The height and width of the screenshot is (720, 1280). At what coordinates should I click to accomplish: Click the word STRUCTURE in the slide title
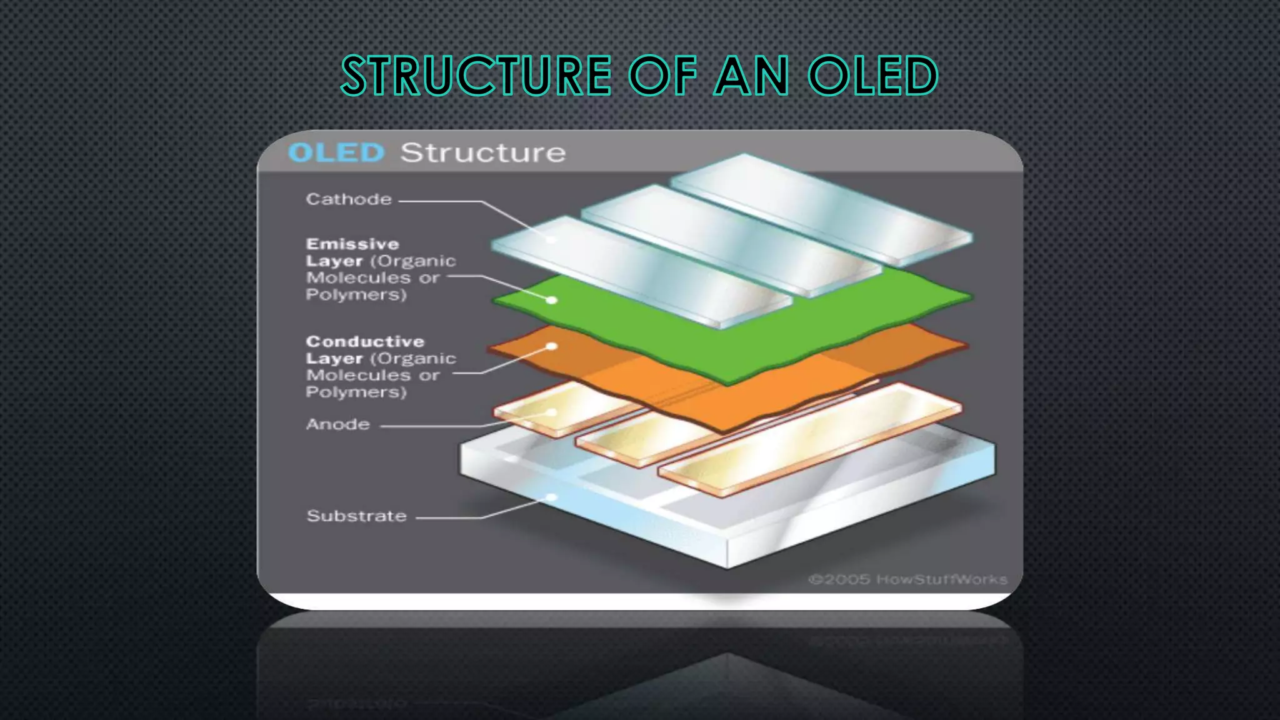coord(476,76)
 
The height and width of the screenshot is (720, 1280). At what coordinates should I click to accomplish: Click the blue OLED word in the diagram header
coord(336,152)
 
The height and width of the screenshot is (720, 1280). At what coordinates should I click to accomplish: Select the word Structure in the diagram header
coord(482,152)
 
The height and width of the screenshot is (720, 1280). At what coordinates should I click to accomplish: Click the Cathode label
coord(349,199)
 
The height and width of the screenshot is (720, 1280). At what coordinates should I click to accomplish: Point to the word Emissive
coord(352,244)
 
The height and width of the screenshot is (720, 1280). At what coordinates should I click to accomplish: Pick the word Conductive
coord(365,341)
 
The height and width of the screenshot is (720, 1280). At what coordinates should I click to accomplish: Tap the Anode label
coord(338,424)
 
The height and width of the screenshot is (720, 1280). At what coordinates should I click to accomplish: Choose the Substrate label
coord(357,516)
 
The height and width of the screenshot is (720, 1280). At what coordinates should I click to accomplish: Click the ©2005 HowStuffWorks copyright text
coord(907,579)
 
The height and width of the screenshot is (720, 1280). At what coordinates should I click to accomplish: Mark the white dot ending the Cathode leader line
coord(551,239)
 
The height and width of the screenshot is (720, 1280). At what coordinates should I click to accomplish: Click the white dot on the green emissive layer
coord(551,301)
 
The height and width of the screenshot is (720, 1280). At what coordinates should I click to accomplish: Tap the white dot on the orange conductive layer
coord(551,346)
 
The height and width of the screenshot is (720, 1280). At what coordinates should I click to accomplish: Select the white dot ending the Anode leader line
coord(551,412)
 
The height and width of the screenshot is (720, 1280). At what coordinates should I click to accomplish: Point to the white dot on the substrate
coord(551,497)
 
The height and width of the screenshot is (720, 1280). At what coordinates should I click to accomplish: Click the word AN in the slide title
coord(752,76)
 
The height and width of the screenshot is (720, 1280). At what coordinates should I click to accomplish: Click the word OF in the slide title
coord(662,76)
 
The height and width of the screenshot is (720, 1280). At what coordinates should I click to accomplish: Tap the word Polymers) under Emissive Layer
coord(356,294)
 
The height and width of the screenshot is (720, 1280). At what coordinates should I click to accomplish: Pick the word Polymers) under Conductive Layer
coord(356,392)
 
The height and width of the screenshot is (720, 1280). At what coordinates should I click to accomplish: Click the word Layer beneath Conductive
coord(334,359)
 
